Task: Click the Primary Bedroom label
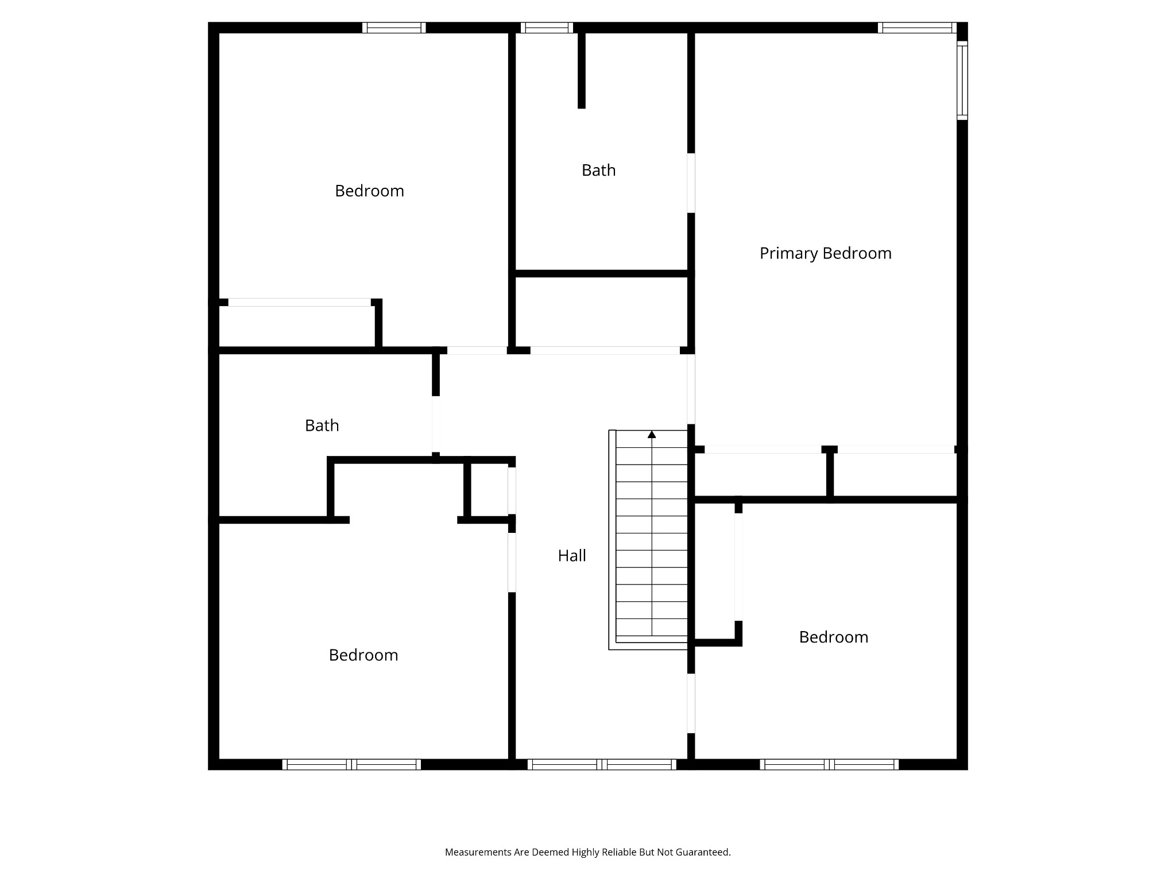(x=825, y=253)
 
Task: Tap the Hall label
(x=572, y=555)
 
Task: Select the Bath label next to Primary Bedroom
(x=598, y=170)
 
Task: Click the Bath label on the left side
(x=322, y=425)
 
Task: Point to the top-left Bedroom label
(x=369, y=191)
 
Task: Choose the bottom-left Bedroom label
(x=363, y=655)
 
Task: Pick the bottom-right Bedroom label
(x=833, y=637)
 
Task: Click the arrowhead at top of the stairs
(x=652, y=435)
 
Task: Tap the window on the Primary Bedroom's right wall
(x=962, y=80)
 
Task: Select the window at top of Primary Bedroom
(x=917, y=28)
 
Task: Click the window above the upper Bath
(x=547, y=28)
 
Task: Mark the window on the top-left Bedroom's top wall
(x=394, y=28)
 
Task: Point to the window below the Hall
(x=602, y=764)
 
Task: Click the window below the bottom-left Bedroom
(x=351, y=764)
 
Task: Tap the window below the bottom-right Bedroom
(x=829, y=764)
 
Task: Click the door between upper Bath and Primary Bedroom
(x=691, y=183)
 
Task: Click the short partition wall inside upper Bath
(x=581, y=70)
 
